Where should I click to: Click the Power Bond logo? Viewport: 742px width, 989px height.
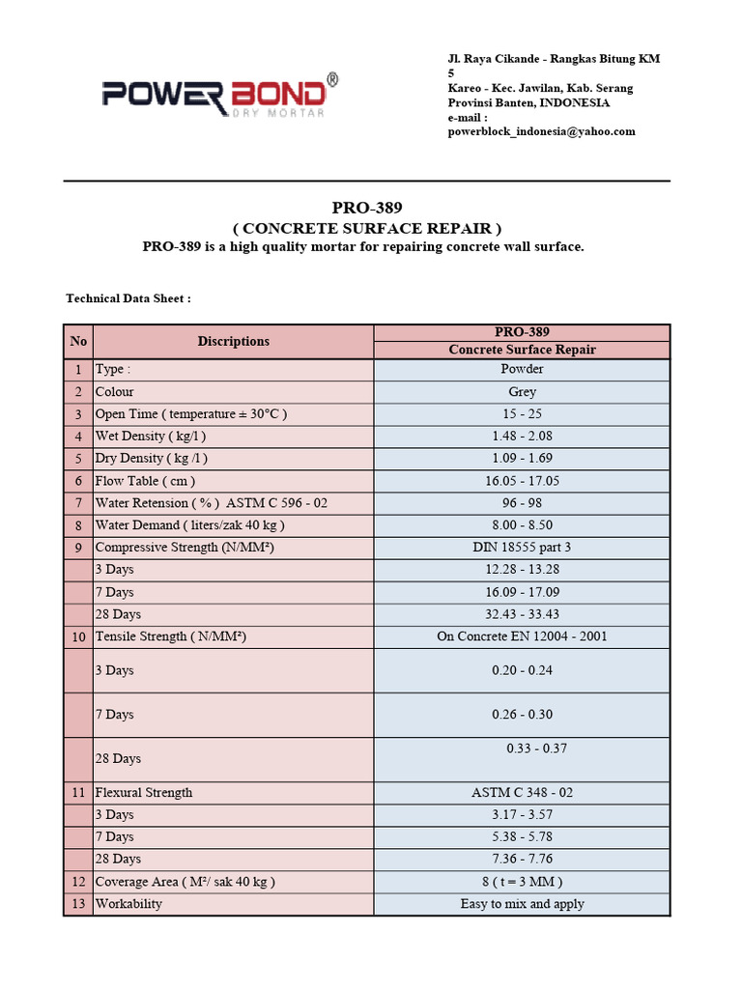click(220, 95)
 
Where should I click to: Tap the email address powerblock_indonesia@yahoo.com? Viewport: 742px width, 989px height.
click(541, 131)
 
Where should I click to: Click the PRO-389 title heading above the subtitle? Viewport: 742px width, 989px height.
click(366, 208)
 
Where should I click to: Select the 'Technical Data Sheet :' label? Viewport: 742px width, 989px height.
click(128, 298)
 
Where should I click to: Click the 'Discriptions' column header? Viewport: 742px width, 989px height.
click(233, 341)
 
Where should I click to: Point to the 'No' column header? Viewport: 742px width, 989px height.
click(78, 341)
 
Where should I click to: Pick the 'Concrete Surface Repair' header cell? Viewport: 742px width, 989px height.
click(522, 350)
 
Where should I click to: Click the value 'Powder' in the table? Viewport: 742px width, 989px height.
click(522, 369)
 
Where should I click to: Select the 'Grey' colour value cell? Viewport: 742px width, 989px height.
click(522, 392)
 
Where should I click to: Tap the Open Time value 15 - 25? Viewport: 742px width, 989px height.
click(522, 414)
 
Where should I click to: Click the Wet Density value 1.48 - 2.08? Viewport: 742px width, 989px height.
click(522, 437)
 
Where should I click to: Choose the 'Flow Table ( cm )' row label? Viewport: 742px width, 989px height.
click(145, 481)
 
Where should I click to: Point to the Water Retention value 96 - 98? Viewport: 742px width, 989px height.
click(522, 503)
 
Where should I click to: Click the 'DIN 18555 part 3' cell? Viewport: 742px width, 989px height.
click(522, 548)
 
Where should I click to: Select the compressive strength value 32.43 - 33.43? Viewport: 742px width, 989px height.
click(522, 614)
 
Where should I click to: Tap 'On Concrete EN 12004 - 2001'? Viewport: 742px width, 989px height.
click(522, 636)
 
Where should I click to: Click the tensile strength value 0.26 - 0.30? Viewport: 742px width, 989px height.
click(522, 715)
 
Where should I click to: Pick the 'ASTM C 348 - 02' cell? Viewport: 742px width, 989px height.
click(522, 793)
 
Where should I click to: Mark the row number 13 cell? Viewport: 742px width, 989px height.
click(78, 904)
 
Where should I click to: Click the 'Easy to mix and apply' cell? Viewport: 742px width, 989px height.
click(522, 904)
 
